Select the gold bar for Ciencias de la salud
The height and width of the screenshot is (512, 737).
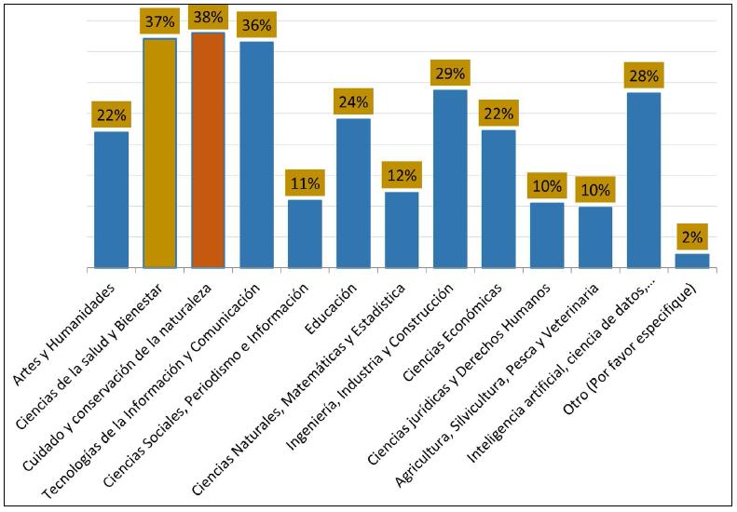[159, 154]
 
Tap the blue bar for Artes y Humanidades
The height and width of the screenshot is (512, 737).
[111, 199]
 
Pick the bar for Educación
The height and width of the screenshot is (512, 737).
[353, 193]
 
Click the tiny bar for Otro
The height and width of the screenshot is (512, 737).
[692, 261]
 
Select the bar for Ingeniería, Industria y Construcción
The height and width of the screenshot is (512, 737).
[450, 179]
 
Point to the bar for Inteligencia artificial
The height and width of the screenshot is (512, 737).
[644, 180]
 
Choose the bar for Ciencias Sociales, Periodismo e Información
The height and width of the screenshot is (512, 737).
[305, 234]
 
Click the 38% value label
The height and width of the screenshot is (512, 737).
[208, 17]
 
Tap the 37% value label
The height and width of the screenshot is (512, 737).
[159, 20]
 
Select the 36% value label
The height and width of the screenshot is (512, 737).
[256, 24]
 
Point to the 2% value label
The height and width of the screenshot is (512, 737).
[692, 236]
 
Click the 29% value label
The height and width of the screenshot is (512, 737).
[450, 73]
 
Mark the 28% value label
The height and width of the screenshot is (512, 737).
[644, 75]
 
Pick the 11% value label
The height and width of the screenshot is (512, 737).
[305, 183]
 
